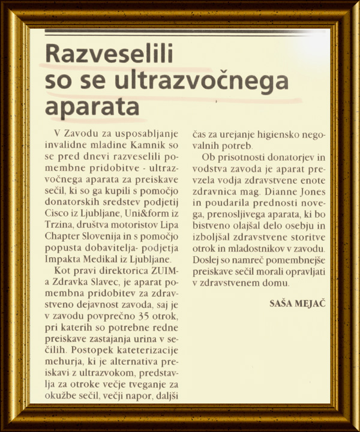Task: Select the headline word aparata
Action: [92, 107]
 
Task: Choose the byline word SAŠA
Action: [282, 304]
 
